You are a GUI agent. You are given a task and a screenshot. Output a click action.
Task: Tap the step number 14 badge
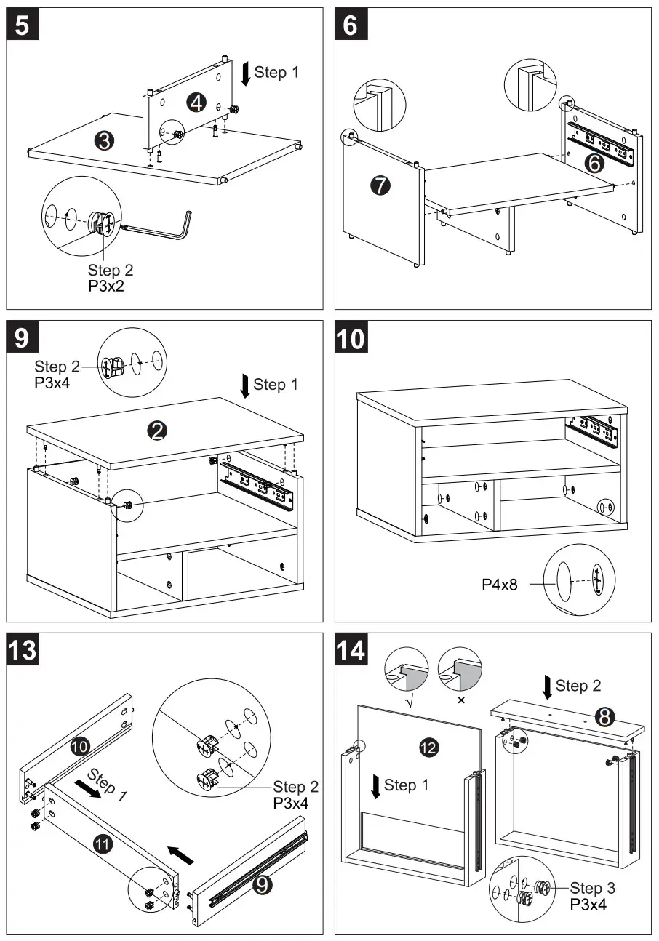point(351,649)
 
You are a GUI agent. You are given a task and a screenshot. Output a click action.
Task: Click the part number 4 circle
point(196,103)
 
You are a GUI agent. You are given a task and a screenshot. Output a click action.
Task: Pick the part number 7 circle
point(380,185)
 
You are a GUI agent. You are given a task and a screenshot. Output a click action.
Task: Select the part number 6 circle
point(594,164)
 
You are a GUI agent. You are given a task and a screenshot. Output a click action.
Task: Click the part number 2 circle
point(156,431)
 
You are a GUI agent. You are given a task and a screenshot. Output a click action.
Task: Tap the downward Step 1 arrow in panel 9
point(245,385)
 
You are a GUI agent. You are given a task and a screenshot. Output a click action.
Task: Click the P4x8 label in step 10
point(500,583)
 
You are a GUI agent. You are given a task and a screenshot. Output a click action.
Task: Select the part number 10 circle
point(79,745)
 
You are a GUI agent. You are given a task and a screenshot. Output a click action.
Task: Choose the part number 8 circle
point(602,718)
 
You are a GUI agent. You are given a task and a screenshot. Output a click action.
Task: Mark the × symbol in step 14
point(460,700)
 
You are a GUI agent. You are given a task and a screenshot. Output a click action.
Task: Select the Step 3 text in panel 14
point(592,887)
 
